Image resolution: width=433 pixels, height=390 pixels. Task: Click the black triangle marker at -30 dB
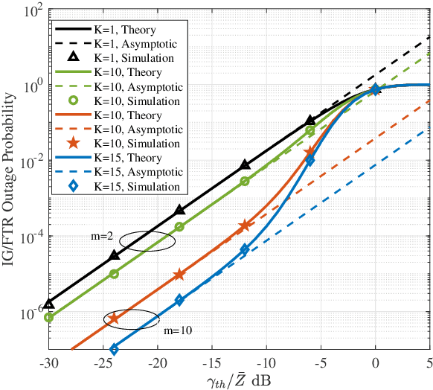(x=49, y=304)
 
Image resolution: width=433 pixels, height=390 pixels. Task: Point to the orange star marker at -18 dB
(x=179, y=275)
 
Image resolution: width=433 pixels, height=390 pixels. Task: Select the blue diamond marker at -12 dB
(x=245, y=249)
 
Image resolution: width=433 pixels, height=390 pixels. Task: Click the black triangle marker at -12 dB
(x=245, y=164)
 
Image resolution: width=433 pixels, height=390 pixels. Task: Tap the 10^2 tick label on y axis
(x=29, y=12)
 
